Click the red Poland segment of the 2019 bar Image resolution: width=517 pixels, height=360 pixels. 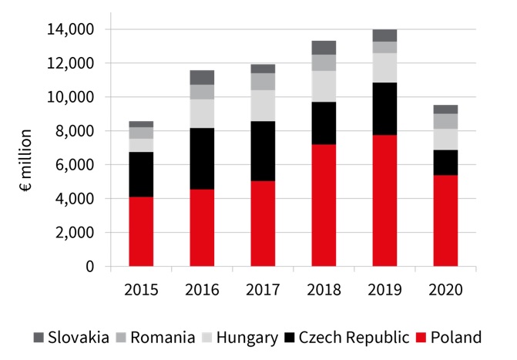click(384, 200)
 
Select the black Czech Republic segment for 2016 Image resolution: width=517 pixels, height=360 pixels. click(202, 158)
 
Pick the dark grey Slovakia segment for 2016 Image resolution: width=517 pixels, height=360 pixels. click(202, 77)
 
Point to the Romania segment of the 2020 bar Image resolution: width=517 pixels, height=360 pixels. click(445, 121)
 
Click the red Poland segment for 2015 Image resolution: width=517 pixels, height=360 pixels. click(141, 231)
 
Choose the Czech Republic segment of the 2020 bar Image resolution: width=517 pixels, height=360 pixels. click(445, 162)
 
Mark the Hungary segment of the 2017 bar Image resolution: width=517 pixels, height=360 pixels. click(263, 106)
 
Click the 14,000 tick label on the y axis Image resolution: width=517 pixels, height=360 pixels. click(71, 29)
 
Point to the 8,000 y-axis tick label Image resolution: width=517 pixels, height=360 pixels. click(75, 131)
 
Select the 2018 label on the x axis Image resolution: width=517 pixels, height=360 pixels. click(324, 290)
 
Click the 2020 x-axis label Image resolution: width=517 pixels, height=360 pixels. click(445, 290)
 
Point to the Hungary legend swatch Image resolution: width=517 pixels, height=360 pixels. click(209, 338)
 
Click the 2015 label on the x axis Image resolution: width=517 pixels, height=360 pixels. click(141, 290)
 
